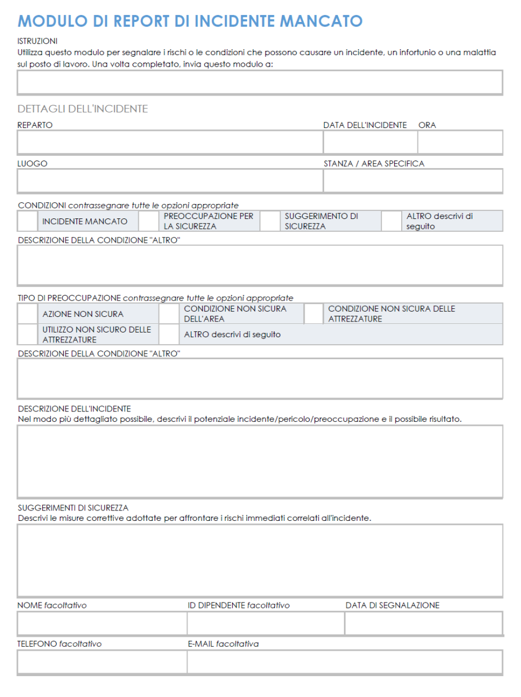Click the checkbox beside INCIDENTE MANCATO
[x=27, y=221]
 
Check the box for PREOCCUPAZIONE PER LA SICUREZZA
[x=148, y=221]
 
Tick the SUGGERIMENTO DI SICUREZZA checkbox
[x=269, y=221]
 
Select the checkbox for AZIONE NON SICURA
[x=27, y=314]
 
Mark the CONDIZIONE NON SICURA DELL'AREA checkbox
[x=168, y=314]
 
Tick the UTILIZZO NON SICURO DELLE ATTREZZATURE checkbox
[x=27, y=334]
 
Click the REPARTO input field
[x=170, y=143]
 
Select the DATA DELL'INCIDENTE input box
[x=370, y=143]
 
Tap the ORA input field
[x=460, y=143]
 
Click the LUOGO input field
[x=170, y=181]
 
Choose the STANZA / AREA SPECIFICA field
[x=413, y=181]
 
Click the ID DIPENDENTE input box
[x=265, y=623]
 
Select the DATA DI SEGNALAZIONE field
[x=424, y=623]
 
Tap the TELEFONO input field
[x=102, y=662]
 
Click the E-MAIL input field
[x=344, y=662]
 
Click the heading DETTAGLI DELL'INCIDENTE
[x=83, y=109]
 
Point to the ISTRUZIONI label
[x=38, y=41]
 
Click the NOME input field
[x=102, y=623]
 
